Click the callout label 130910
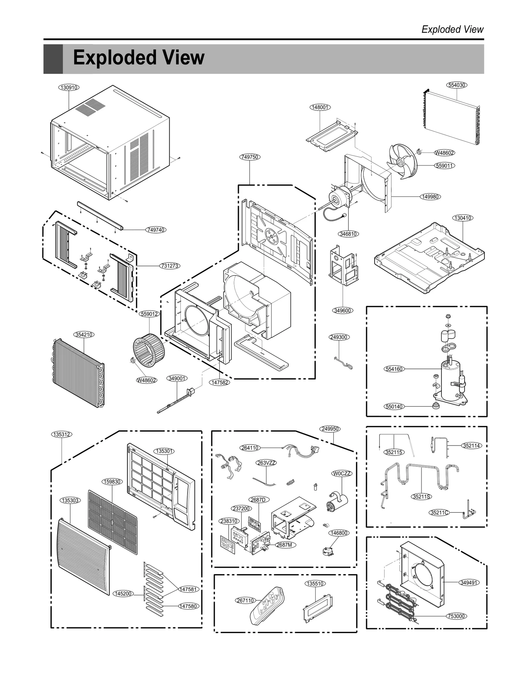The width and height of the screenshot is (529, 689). pyautogui.click(x=69, y=87)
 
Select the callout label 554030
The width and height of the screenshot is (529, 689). pyautogui.click(x=457, y=85)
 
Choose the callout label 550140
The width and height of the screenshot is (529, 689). pyautogui.click(x=394, y=407)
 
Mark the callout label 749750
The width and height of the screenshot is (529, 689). pyautogui.click(x=250, y=157)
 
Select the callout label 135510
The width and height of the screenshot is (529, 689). pyautogui.click(x=315, y=583)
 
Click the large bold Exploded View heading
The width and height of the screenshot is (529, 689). pyautogui.click(x=139, y=58)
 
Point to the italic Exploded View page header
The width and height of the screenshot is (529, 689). pyautogui.click(x=452, y=29)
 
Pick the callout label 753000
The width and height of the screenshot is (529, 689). pyautogui.click(x=456, y=616)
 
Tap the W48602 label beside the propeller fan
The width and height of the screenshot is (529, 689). pyautogui.click(x=444, y=153)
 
